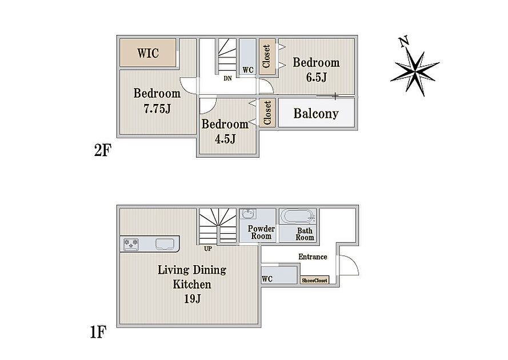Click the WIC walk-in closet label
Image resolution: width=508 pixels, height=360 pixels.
click(x=148, y=53)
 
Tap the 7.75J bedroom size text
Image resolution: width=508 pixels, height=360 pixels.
click(x=157, y=109)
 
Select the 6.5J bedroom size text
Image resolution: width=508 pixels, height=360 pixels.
click(x=317, y=77)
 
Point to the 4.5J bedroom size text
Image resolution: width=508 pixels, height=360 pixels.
click(x=225, y=139)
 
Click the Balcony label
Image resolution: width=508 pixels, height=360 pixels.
click(x=316, y=113)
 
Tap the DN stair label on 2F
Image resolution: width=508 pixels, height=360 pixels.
click(x=228, y=78)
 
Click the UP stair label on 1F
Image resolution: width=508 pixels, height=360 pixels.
click(x=208, y=249)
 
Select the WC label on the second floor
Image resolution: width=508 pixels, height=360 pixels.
click(x=248, y=70)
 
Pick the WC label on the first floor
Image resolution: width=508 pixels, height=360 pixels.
click(x=267, y=279)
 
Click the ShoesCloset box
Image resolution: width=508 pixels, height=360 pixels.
click(x=315, y=281)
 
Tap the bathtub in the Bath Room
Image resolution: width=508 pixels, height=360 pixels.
click(x=297, y=216)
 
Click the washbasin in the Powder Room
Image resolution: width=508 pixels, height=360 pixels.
click(x=248, y=214)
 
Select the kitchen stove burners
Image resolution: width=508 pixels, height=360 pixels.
click(x=131, y=244)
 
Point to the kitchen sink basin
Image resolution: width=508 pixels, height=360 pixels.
click(x=165, y=244)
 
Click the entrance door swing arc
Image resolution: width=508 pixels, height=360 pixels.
click(x=351, y=263)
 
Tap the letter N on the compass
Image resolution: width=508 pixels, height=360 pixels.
click(x=403, y=42)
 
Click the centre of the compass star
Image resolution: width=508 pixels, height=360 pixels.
click(x=415, y=71)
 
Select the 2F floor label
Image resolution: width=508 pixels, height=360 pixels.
click(x=103, y=150)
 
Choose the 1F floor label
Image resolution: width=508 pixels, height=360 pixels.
click(x=98, y=332)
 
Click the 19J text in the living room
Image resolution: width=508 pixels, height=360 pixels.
click(x=193, y=298)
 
